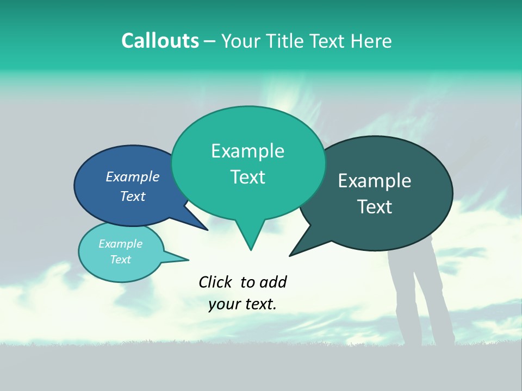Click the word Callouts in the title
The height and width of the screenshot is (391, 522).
tap(160, 41)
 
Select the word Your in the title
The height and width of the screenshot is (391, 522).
tap(240, 41)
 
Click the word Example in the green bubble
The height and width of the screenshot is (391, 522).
tap(247, 151)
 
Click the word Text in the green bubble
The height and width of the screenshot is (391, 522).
tap(247, 177)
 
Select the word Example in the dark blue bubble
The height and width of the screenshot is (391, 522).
tap(133, 177)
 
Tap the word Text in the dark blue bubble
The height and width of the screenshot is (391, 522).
tap(133, 196)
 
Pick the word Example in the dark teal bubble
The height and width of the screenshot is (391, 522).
tap(375, 181)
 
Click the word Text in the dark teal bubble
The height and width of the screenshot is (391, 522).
tap(375, 207)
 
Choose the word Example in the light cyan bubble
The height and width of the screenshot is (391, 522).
tap(120, 244)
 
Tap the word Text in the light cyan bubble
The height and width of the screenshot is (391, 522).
tap(120, 260)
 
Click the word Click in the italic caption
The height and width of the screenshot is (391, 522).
tap(215, 282)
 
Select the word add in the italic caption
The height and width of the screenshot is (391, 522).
tap(273, 282)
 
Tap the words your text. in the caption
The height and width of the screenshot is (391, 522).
tap(243, 304)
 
